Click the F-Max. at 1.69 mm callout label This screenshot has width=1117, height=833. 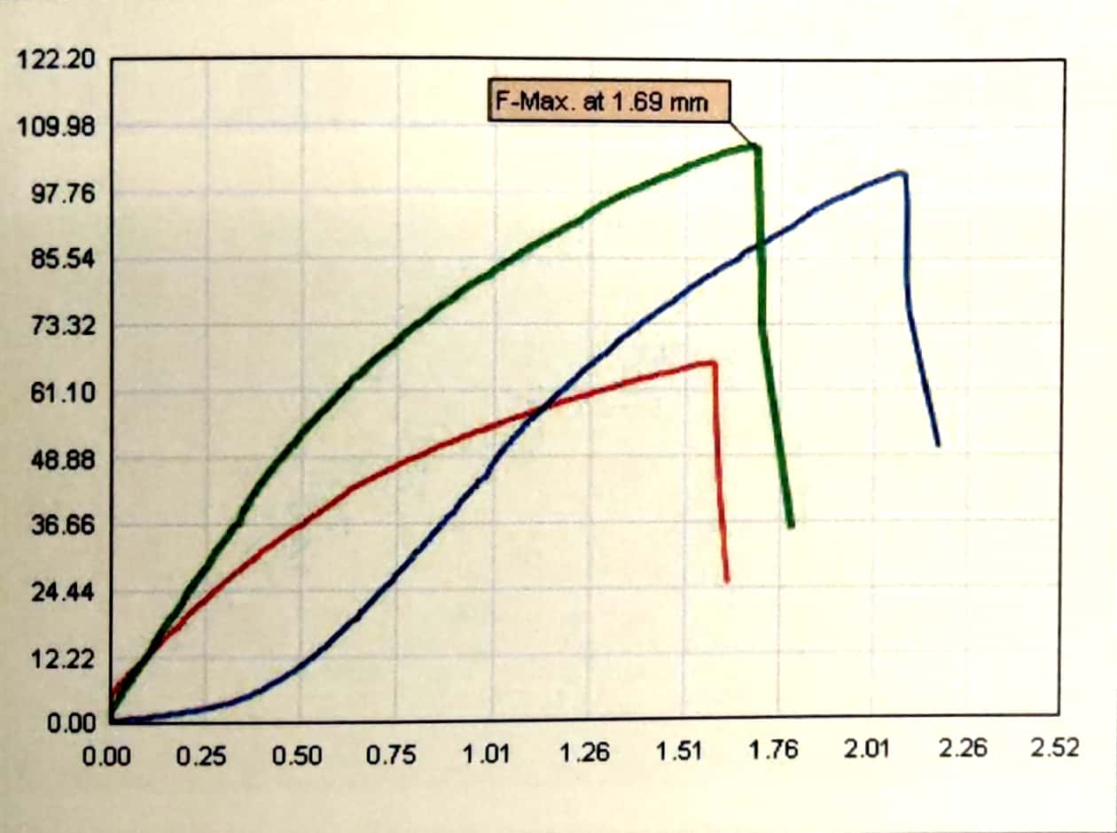611,102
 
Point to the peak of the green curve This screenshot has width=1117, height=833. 755,146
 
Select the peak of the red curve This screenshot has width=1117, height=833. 712,362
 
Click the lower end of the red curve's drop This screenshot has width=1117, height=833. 727,581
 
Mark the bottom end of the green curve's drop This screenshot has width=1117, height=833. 790,525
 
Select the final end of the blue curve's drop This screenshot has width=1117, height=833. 937,444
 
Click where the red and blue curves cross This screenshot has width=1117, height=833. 543,407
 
